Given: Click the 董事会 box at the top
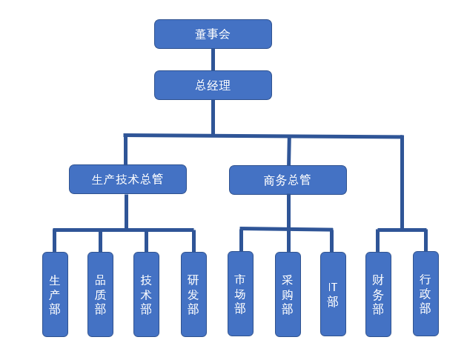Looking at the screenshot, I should click(213, 34).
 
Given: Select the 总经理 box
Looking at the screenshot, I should click(213, 85).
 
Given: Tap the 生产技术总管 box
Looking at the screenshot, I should click(127, 179).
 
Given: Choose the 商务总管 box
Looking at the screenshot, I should click(288, 180).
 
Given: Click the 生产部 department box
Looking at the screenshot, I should click(55, 294).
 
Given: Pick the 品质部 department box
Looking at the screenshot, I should click(100, 294).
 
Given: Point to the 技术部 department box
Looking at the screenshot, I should click(146, 294).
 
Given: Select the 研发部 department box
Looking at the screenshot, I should click(193, 294).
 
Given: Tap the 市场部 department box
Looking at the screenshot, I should click(240, 294).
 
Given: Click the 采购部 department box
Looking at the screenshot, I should click(288, 294).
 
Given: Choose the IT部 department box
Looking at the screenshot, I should click(333, 294).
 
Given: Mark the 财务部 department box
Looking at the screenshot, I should click(378, 294).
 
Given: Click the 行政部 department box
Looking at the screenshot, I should click(425, 294).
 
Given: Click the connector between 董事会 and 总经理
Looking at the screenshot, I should click(213, 59).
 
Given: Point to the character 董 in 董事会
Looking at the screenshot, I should click(201, 34).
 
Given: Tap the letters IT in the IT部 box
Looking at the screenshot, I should click(333, 286).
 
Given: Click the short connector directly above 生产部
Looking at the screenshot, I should click(55, 241).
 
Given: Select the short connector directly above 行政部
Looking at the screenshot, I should click(425, 241).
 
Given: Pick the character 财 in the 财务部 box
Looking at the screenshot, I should click(378, 280).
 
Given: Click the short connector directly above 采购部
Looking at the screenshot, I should click(288, 241).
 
